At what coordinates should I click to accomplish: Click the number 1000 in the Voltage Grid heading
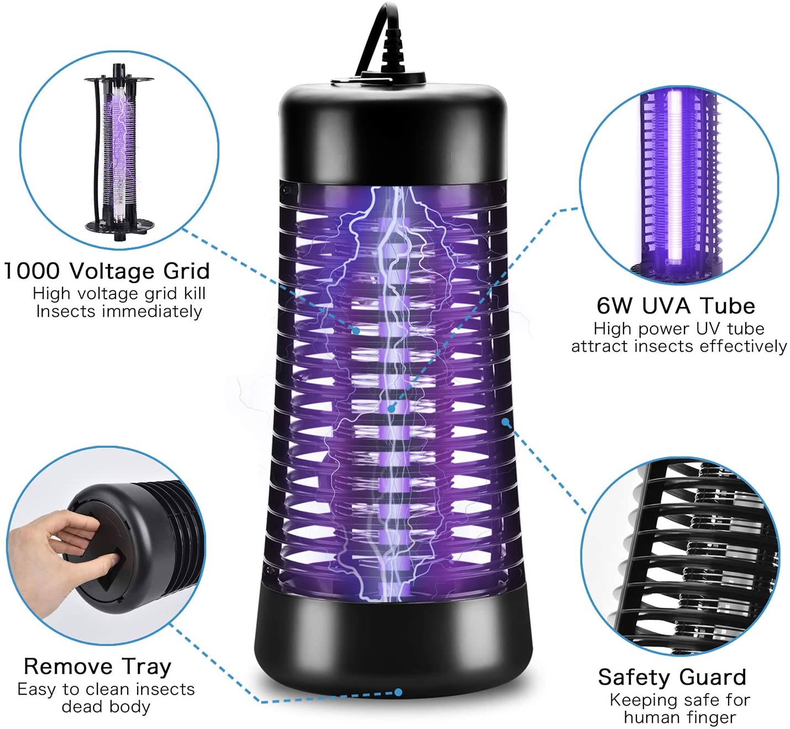(32, 271)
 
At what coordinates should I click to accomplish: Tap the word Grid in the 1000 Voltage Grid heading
(186, 271)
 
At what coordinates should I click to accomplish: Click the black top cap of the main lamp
(393, 132)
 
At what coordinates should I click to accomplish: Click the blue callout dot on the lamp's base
(398, 692)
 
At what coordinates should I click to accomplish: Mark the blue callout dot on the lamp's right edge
(506, 421)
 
